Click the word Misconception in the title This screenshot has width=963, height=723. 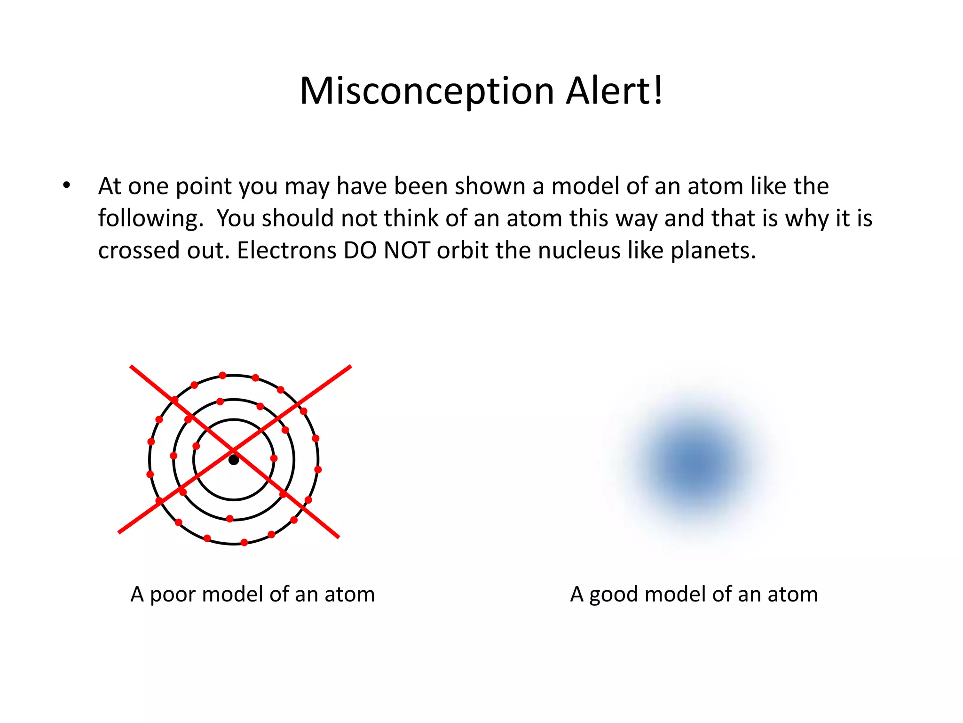coord(427,91)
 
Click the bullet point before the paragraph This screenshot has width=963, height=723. coord(66,185)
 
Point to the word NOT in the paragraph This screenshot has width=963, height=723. coord(407,250)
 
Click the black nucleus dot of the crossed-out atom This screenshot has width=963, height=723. coord(234,460)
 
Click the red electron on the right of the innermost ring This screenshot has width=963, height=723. coord(274,458)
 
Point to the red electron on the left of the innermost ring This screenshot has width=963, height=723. coord(196,446)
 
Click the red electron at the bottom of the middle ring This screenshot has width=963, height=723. coord(229,519)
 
